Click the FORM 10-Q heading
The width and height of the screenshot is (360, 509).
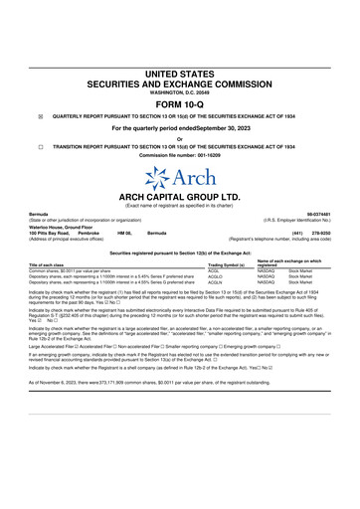(x=179, y=103)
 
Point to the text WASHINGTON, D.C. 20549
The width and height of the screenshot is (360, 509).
(x=179, y=92)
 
